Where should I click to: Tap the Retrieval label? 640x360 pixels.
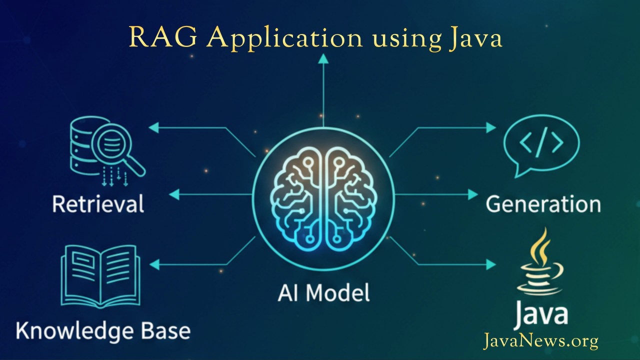pyautogui.click(x=98, y=204)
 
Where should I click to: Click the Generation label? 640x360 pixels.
pyautogui.click(x=543, y=204)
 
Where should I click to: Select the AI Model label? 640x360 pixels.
pyautogui.click(x=323, y=292)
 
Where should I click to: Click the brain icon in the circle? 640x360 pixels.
pyautogui.click(x=323, y=197)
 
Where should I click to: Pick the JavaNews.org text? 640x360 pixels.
pyautogui.click(x=540, y=341)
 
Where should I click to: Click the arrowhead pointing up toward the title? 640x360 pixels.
pyautogui.click(x=323, y=58)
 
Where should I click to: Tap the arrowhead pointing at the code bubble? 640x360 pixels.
pyautogui.click(x=491, y=127)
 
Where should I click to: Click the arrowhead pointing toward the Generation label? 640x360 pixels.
pyautogui.click(x=473, y=194)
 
